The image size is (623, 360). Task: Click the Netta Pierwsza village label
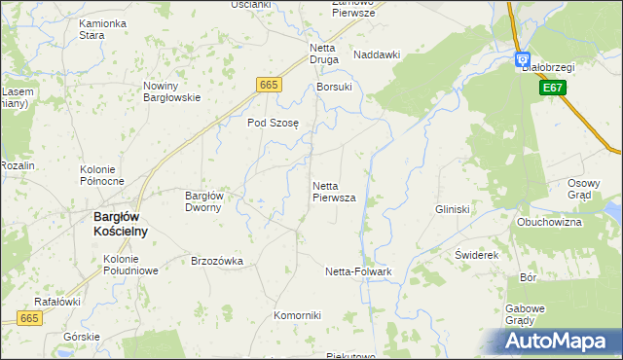pyautogui.click(x=333, y=191)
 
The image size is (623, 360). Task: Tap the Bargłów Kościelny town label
pyautogui.click(x=120, y=223)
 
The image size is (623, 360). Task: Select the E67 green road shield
pyautogui.click(x=552, y=88)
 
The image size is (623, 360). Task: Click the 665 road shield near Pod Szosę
pyautogui.click(x=270, y=86)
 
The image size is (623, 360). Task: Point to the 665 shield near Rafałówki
pyautogui.click(x=30, y=318)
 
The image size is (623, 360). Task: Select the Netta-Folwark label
pyautogui.click(x=357, y=271)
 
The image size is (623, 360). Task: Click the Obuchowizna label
pyautogui.click(x=549, y=222)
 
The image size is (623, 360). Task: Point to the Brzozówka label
pyautogui.click(x=216, y=261)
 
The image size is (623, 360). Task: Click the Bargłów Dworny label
pyautogui.click(x=204, y=201)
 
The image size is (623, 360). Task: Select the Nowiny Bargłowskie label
pyautogui.click(x=171, y=91)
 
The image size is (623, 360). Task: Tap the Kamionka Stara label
pyautogui.click(x=104, y=28)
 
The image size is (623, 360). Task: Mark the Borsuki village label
pyautogui.click(x=334, y=87)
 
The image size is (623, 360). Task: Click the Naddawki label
pyautogui.click(x=377, y=55)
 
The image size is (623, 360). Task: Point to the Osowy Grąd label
pyautogui.click(x=585, y=188)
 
